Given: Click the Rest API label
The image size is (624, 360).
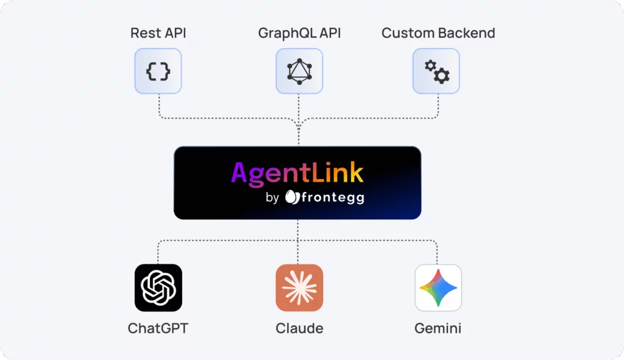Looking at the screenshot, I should (x=158, y=32).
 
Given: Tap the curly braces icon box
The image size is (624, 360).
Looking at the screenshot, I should (x=158, y=71).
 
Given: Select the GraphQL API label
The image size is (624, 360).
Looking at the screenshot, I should (x=299, y=32).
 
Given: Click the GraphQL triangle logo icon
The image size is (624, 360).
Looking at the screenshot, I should (x=299, y=71).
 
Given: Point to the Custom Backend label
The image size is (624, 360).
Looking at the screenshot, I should (x=438, y=32).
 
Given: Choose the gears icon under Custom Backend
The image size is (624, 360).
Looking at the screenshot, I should (x=436, y=71).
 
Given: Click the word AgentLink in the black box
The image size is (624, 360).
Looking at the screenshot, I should (x=297, y=173).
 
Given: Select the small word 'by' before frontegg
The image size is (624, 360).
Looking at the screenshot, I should (x=272, y=197).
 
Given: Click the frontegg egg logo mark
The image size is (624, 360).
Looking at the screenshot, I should (x=291, y=197).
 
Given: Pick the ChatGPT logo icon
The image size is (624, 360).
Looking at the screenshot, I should (x=158, y=288).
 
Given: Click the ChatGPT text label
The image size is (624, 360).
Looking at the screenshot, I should (x=158, y=328).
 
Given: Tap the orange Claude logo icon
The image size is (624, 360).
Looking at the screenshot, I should (x=299, y=288).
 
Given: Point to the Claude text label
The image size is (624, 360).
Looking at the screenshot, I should (x=299, y=328).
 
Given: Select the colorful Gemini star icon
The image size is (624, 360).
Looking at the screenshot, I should (x=438, y=288).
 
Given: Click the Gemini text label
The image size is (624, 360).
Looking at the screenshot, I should (x=438, y=328).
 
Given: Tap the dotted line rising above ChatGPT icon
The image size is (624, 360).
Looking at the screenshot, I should (x=158, y=251).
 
